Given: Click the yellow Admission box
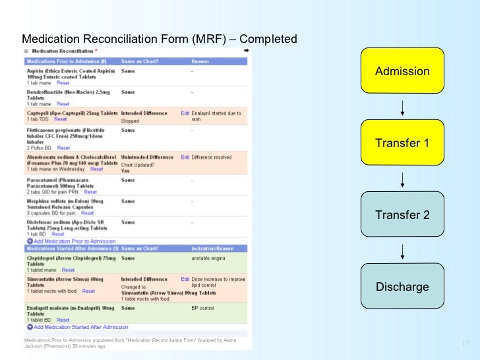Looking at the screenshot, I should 402,71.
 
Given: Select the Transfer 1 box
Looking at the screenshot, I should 402,142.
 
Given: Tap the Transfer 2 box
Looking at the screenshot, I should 402,214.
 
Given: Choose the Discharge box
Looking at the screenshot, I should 402,286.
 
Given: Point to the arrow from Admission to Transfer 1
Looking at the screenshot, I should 402,107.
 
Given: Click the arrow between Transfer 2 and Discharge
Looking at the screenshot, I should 402,251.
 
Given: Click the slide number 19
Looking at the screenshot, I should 466,343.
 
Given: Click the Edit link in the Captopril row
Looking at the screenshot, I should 185,113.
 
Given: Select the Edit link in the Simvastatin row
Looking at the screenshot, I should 185,279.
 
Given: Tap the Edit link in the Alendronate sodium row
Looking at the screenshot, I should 185,156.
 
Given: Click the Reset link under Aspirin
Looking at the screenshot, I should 63,83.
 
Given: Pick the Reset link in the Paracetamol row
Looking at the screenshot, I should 90,192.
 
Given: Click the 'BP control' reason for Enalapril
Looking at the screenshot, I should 203,308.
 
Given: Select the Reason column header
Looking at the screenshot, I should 202,61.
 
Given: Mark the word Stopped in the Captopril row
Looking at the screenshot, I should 130,121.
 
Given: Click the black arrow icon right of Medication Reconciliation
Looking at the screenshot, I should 245,51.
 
